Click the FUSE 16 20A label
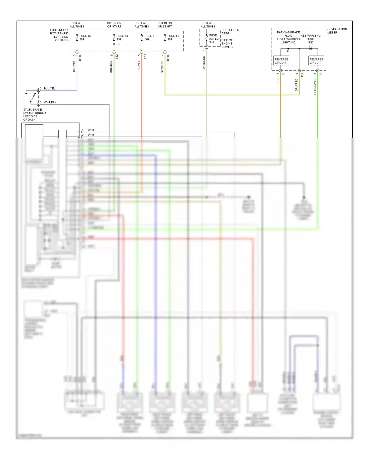[x=85, y=38]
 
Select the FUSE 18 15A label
[x=122, y=38]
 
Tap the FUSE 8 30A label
[x=149, y=38]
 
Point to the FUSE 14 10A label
[x=173, y=38]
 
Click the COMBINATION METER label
[x=337, y=31]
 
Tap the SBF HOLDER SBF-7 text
[x=230, y=32]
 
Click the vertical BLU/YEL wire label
[x=74, y=67]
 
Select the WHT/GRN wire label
[x=204, y=63]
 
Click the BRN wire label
[x=278, y=81]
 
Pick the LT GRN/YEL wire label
[x=315, y=87]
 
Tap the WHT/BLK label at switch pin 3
[x=50, y=102]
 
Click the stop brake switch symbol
[x=31, y=98]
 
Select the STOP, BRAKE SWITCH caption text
[x=34, y=114]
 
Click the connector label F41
[x=145, y=56]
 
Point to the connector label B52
[x=117, y=57]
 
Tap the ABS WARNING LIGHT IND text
[x=311, y=39]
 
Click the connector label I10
[x=302, y=75]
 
